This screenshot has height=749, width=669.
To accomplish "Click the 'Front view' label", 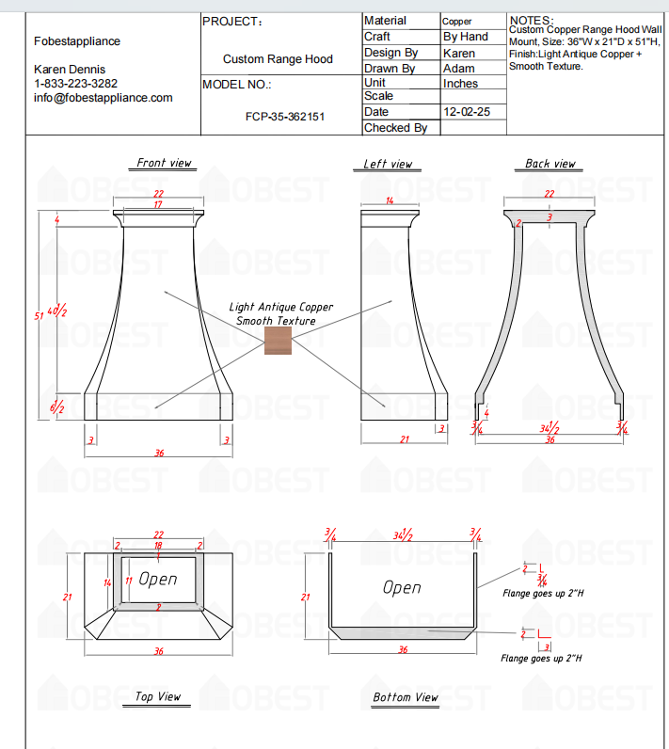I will [164, 163].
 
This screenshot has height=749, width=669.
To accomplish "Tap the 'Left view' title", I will [388, 164].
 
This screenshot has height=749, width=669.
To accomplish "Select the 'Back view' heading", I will [550, 164].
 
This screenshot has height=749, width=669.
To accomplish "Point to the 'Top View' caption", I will [157, 696].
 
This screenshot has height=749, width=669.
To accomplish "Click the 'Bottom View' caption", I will [406, 697].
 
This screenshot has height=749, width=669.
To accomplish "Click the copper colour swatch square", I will [279, 341].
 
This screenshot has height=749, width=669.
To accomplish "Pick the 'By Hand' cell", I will [466, 37].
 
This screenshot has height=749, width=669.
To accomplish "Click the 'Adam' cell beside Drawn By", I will [459, 68].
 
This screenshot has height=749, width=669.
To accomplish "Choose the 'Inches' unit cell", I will [460, 83].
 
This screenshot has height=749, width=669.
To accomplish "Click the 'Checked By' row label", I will [395, 128].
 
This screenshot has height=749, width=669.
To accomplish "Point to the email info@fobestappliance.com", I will [104, 98].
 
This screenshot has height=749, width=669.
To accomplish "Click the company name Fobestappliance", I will [77, 41].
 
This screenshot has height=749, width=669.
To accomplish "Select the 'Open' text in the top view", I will [158, 579].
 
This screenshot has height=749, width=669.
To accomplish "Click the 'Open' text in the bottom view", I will [402, 587].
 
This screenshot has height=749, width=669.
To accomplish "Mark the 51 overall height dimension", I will [40, 317].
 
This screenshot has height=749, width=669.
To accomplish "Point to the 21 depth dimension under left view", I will [405, 439].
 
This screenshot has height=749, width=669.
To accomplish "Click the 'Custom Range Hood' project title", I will [278, 59].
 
